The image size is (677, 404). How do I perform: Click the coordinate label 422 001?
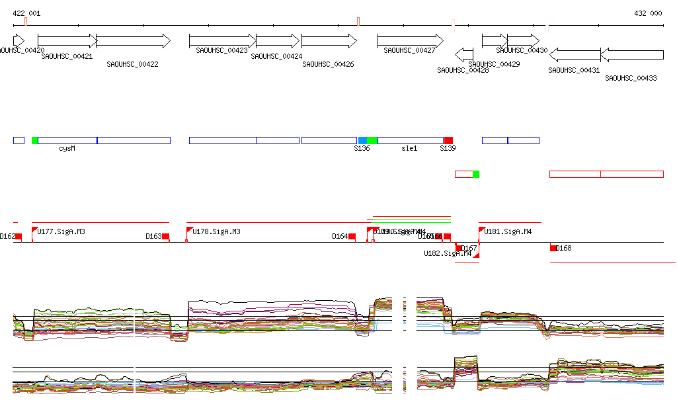point(26,13)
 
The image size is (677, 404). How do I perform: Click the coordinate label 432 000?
point(647,13)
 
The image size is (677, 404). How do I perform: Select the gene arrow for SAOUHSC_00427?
point(410,41)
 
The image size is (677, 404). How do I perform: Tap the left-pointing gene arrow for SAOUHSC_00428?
point(464,55)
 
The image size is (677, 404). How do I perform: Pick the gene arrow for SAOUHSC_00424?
point(278,41)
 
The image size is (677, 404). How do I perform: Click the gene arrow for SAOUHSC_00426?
point(329,41)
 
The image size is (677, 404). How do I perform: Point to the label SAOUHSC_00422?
point(132,64)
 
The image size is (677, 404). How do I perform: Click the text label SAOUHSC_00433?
point(631,78)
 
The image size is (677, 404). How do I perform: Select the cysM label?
point(67,149)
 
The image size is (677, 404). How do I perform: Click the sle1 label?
point(409,149)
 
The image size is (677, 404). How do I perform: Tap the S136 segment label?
point(362,149)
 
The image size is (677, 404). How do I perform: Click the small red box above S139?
point(448,140)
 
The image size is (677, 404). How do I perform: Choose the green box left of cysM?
point(35,140)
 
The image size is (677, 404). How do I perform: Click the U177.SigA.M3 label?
point(61,231)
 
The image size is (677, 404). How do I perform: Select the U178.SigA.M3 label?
point(216,231)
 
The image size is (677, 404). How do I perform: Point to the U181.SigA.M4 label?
point(508,231)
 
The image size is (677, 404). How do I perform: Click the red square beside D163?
point(166,237)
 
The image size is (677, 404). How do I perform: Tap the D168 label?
point(564,249)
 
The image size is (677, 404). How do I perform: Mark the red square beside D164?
point(352,237)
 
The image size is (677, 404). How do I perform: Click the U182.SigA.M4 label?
point(448,253)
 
